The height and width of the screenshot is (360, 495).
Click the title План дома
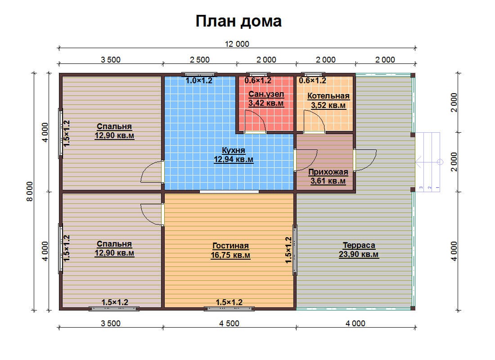238,22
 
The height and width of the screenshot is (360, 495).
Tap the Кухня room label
233,150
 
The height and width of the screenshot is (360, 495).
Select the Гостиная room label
230,246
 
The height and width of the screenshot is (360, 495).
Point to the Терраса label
359,245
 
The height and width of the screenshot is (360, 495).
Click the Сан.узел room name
266,94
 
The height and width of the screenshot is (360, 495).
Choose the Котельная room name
328,96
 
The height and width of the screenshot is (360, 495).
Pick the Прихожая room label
328,172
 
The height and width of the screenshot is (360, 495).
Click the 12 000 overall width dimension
237,44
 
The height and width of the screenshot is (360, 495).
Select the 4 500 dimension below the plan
229,324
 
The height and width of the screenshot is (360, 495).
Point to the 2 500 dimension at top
199,60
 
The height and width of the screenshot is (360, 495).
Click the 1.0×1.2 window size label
199,81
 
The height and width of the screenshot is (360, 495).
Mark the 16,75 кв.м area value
230,255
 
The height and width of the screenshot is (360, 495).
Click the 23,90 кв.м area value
359,255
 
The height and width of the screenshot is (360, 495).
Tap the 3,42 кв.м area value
266,103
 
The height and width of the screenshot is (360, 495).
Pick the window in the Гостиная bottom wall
229,309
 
